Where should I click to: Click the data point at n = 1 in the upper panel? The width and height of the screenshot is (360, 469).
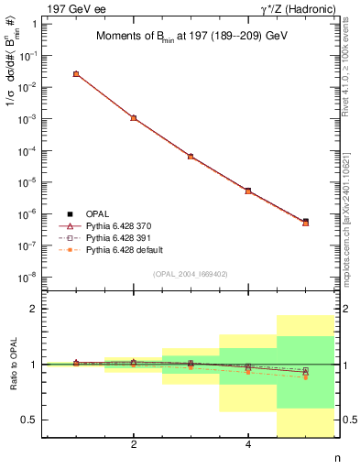[x=76, y=74]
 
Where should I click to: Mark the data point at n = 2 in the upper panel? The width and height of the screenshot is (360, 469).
[x=134, y=118]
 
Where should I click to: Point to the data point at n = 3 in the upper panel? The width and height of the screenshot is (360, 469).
[x=191, y=157]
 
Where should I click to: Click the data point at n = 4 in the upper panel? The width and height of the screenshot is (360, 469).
[x=248, y=191]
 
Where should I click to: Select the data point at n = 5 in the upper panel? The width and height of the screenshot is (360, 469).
[x=305, y=222]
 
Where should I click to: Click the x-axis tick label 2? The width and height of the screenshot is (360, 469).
[x=134, y=445]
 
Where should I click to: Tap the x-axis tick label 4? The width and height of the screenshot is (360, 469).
[x=248, y=445]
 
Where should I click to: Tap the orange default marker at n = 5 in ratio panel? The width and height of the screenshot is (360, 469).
[x=305, y=377]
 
